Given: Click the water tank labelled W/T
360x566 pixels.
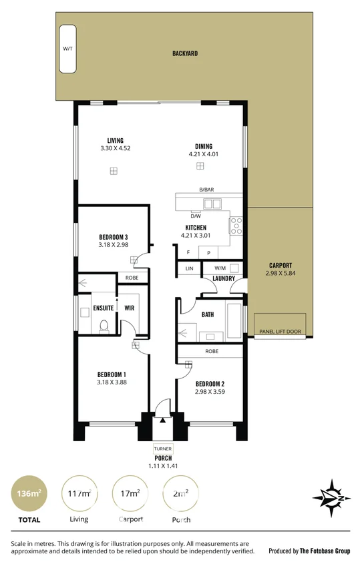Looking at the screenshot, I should pos(67,49).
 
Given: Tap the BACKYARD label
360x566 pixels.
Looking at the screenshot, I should pos(184,53).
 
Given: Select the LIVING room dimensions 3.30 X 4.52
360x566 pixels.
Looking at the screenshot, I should pos(115,148).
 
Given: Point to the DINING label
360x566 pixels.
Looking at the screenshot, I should pos(204,146).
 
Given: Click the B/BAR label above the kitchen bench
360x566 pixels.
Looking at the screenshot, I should pos(206,190).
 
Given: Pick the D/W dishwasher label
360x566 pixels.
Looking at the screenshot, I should pos(196,216).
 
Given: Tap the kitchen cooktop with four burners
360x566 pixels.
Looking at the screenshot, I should pos(236,226).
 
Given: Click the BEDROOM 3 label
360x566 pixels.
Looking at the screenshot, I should pos(113,236).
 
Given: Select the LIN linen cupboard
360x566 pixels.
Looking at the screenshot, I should pos(189,268).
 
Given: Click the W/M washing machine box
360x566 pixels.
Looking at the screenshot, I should pos(220,268).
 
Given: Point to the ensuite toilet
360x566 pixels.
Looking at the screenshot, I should pos(103,326).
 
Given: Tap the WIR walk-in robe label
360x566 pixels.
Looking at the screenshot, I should pos(130,308).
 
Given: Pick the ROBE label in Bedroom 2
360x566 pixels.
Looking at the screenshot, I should pos(212,350).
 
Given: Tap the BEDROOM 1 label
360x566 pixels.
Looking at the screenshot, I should pos(112,374).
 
